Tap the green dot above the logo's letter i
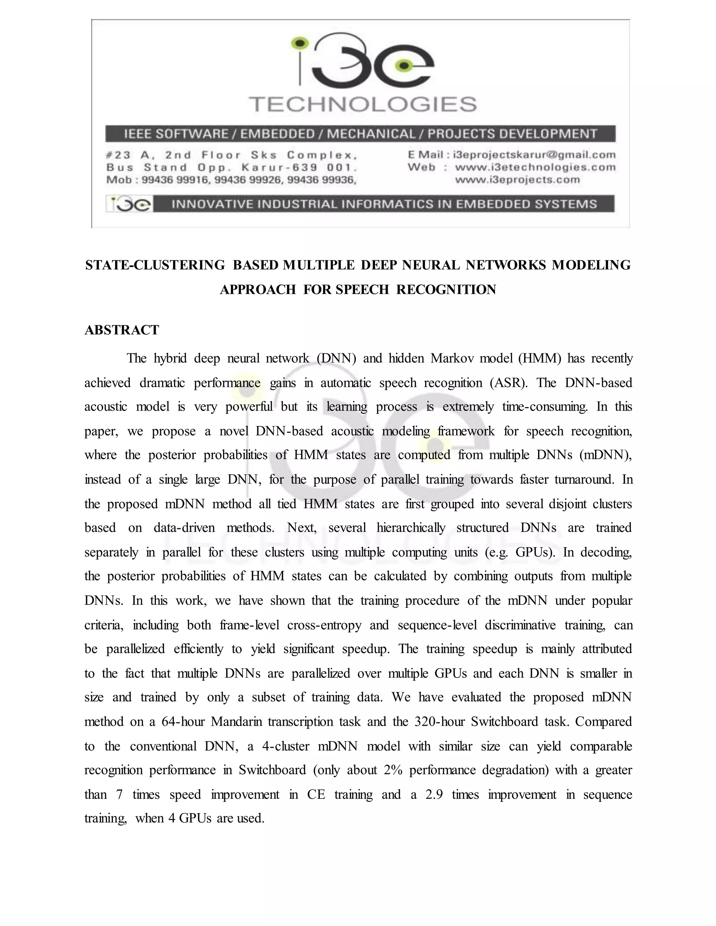[x=300, y=42]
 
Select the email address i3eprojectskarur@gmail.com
[x=534, y=155]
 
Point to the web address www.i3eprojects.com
[x=517, y=180]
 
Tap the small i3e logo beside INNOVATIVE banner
[x=128, y=204]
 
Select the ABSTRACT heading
[x=122, y=330]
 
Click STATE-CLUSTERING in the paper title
[x=155, y=265]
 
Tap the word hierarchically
[x=410, y=528]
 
